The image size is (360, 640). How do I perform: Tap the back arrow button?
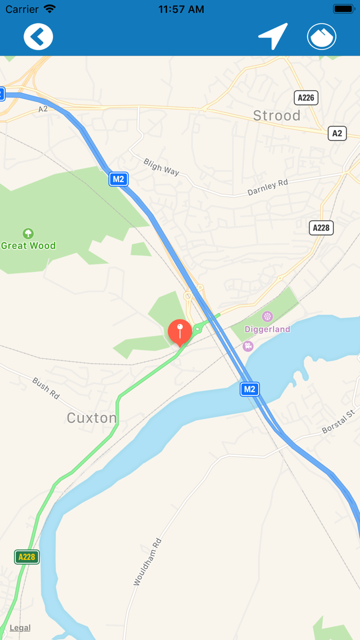coord(38,37)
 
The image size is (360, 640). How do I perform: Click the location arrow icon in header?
coord(273,36)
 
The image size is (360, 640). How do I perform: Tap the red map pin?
coord(180,331)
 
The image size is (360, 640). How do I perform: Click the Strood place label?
coord(277,116)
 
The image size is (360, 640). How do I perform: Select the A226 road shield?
coord(306,98)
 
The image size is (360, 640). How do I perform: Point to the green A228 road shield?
coord(27,557)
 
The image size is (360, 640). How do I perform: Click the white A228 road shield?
coord(321,227)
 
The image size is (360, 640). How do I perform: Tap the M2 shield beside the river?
coord(249,389)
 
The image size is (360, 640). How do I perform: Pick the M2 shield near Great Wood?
coord(118,179)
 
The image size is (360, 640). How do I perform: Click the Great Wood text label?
coord(28,246)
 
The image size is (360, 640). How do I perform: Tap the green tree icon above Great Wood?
coord(28,234)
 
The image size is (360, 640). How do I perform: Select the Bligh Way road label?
coord(161,167)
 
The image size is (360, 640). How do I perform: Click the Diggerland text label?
coord(267,329)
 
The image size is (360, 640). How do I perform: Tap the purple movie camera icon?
coord(248,346)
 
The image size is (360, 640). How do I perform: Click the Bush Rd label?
coord(46,388)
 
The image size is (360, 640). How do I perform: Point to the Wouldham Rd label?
coord(148,562)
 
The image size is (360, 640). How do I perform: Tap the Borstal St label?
coord(338,421)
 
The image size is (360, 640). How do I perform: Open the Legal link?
coord(20,628)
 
